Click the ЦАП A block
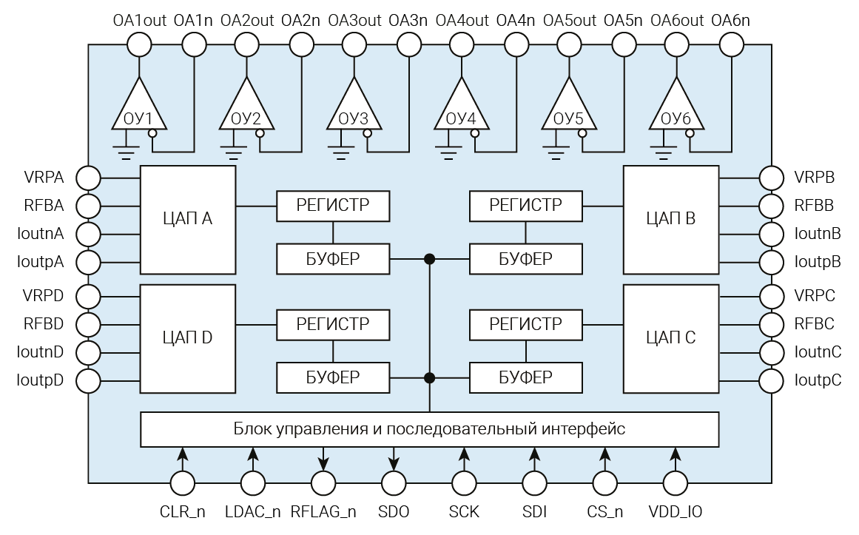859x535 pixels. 188,219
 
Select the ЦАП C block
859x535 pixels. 670,338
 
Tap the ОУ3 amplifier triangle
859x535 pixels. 354,107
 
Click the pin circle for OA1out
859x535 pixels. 139,44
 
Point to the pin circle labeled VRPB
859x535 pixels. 771,178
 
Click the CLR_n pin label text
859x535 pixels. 182,511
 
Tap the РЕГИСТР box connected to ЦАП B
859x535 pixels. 526,206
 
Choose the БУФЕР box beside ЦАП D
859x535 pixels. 333,377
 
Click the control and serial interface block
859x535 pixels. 429,429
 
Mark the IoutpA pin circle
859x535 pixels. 89,262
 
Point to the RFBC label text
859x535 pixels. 814,324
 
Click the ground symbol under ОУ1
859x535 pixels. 127,153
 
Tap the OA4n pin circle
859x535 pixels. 516,44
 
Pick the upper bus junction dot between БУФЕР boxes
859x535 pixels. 429,259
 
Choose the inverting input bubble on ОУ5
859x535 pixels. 582,133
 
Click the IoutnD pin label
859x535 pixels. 40,352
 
